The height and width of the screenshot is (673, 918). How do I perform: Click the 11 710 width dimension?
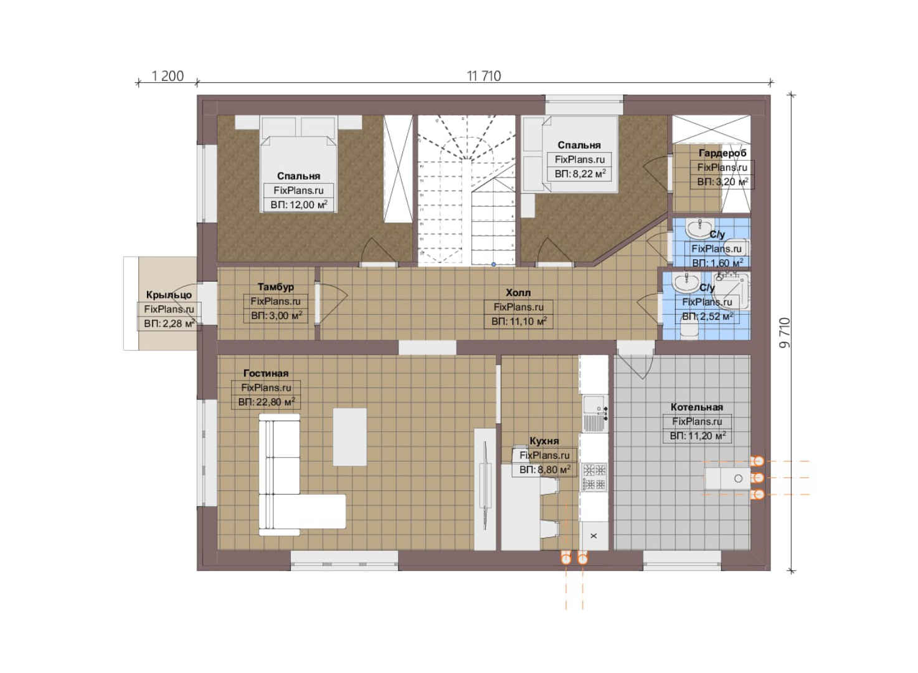tap(483, 76)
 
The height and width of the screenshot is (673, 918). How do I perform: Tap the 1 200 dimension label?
tap(168, 76)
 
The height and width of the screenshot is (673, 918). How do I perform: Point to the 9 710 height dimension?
tap(784, 333)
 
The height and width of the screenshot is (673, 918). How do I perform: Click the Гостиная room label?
tap(266, 373)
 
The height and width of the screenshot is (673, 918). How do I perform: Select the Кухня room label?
tap(544, 441)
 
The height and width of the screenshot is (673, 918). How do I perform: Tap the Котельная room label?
tap(697, 408)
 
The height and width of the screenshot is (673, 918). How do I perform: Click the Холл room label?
tap(518, 293)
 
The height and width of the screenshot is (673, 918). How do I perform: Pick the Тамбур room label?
tap(275, 287)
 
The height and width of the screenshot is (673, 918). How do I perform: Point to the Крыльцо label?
tap(169, 295)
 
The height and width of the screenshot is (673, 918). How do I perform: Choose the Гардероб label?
tap(722, 153)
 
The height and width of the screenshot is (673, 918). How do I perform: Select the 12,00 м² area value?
tap(308, 204)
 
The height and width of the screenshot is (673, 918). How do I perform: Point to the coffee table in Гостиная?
tap(349, 437)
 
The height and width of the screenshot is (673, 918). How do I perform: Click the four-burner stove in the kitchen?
tap(594, 477)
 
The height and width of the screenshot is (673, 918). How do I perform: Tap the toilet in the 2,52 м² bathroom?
tap(689, 329)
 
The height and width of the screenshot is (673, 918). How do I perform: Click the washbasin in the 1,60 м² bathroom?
tap(699, 228)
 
